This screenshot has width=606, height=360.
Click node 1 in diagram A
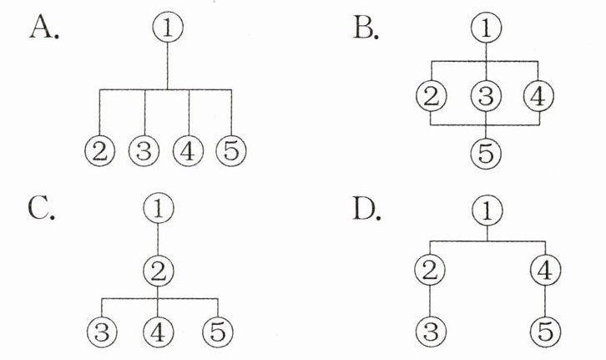point(168,28)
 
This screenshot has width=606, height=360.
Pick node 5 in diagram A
point(231,151)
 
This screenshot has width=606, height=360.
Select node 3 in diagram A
point(144,151)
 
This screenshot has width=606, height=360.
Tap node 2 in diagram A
point(100,151)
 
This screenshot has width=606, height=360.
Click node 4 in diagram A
point(188,151)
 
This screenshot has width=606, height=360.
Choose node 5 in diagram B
point(486,152)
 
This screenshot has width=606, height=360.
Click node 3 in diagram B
point(486,96)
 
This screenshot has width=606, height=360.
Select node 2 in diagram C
point(159,269)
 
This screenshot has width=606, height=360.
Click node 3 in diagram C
point(101,331)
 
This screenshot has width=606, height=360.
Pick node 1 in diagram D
point(487,211)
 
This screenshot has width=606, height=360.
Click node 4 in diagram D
point(547,270)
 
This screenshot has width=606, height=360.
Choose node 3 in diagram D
point(430,332)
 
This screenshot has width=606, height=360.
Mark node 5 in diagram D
point(547,332)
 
